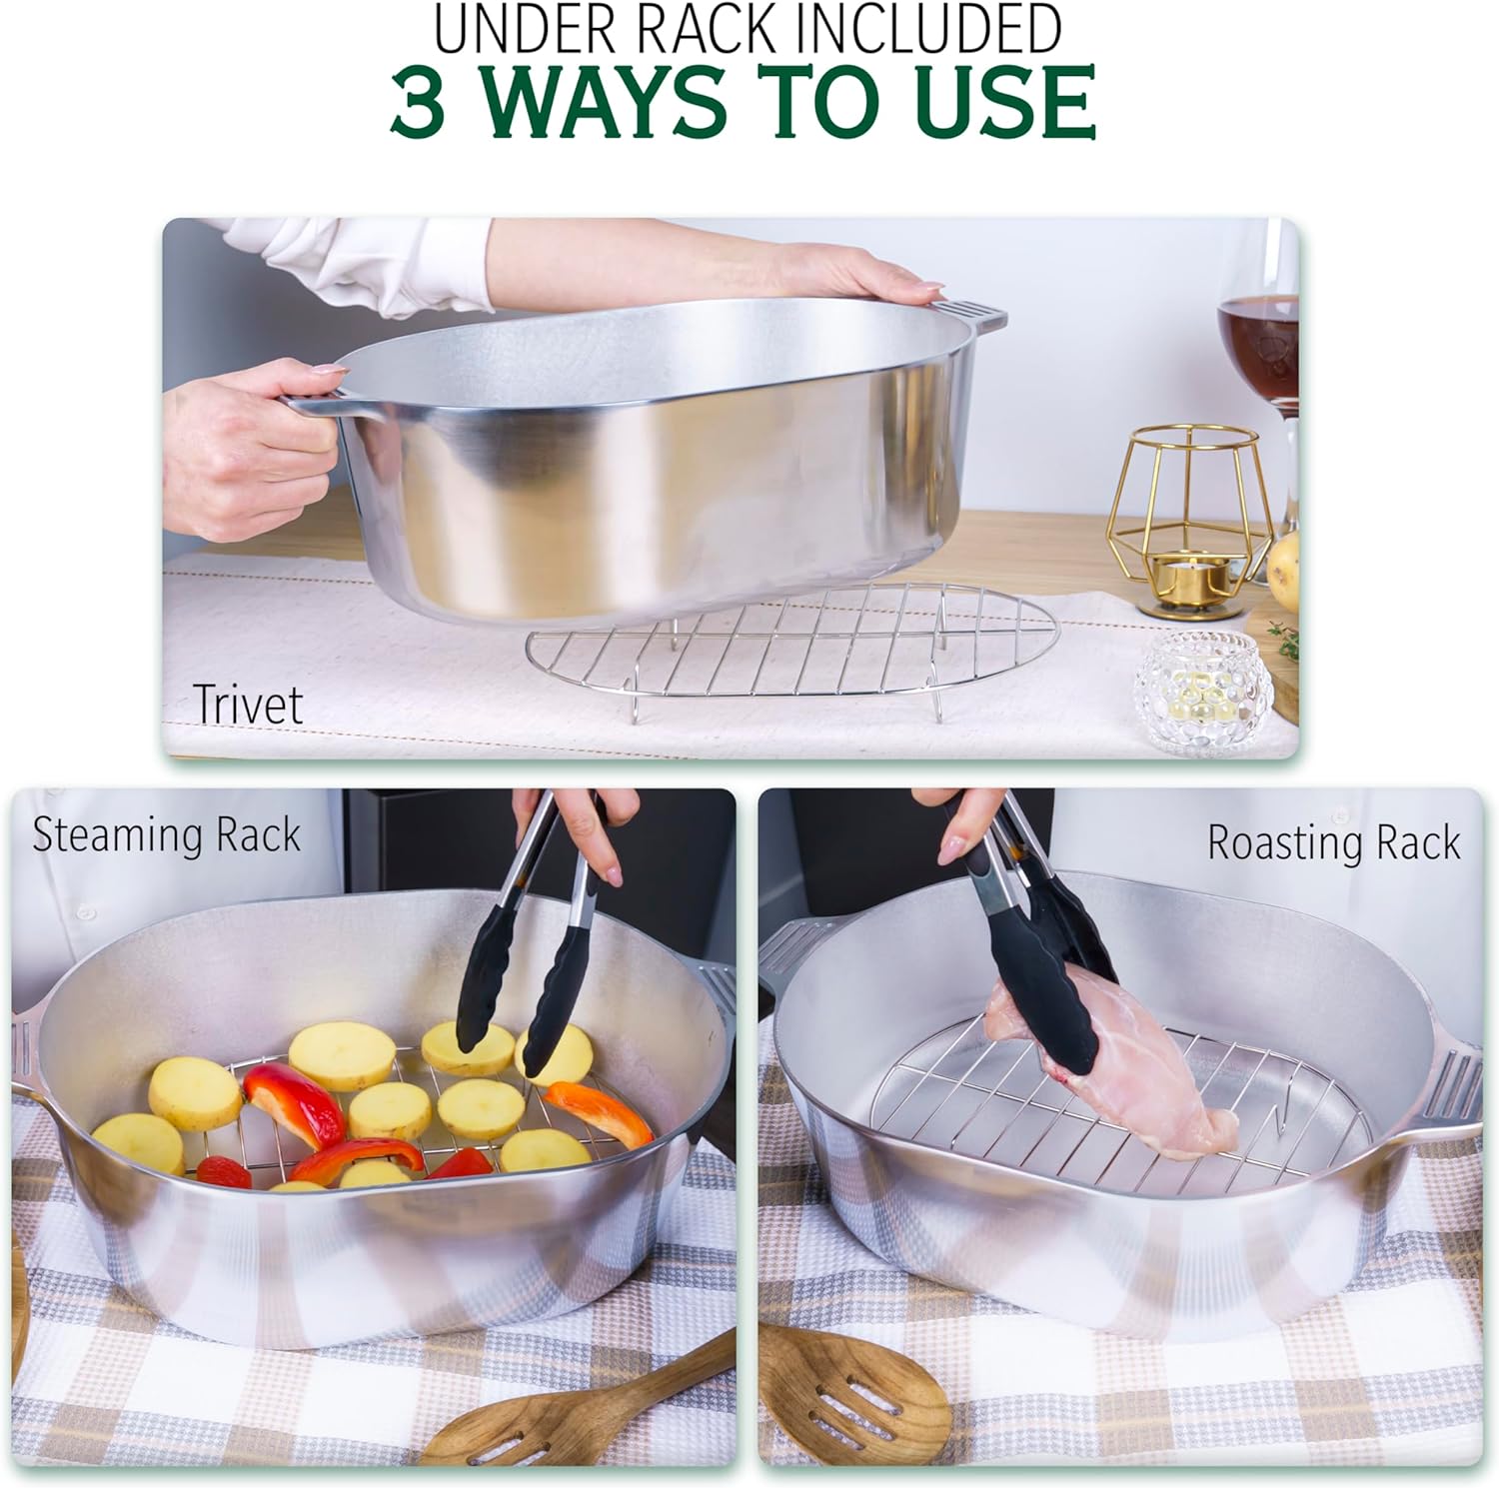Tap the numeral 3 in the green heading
click(x=418, y=102)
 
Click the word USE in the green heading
click(x=1005, y=102)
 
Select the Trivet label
click(x=247, y=704)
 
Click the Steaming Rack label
click(x=166, y=835)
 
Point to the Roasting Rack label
click(x=1333, y=842)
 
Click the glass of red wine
click(x=1258, y=330)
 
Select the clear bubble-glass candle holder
click(x=1203, y=692)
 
